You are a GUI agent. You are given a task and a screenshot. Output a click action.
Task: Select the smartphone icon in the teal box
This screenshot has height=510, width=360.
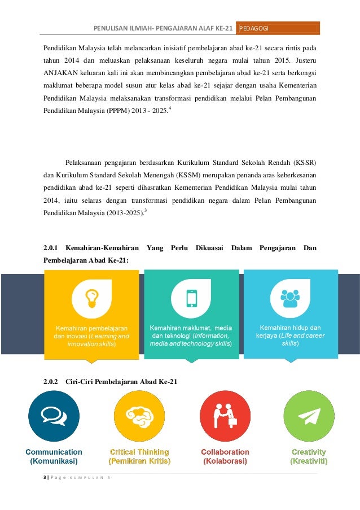coord(192,298)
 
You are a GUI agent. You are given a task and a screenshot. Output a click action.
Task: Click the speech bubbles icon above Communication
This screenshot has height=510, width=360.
coord(53,417)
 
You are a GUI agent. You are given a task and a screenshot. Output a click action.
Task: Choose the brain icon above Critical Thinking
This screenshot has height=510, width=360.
coord(139,417)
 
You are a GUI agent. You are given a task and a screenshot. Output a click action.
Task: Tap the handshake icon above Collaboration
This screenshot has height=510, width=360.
coord(225,417)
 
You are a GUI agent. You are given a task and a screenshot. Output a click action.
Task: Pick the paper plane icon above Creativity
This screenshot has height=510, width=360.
coord(309,417)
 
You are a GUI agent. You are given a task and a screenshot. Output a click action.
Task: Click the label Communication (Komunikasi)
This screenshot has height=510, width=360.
coord(54,456)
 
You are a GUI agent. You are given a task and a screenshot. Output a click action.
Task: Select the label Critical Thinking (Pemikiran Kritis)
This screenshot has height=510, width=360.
coord(139,456)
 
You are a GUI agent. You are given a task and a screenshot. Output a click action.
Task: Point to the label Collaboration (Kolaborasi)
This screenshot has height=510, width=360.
coord(225,456)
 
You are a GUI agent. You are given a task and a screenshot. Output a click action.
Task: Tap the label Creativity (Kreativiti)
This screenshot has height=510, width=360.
coord(309,456)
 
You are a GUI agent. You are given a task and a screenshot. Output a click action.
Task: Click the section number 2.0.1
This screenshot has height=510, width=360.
coord(52,248)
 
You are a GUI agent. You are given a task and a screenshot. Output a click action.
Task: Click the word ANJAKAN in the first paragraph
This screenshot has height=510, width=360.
coord(60,73)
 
